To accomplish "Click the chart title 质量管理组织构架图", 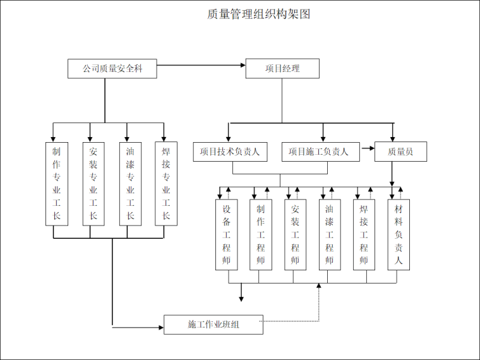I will pyautogui.click(x=258, y=14).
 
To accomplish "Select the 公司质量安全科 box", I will pyautogui.click(x=112, y=69).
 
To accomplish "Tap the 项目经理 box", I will pyautogui.click(x=282, y=69).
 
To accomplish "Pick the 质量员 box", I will pyautogui.click(x=401, y=152).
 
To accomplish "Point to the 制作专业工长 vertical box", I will pyautogui.click(x=57, y=183).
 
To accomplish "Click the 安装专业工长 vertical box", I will pyautogui.click(x=93, y=183).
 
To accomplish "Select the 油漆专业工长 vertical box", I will pyautogui.click(x=130, y=183).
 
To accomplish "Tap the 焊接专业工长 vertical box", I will pyautogui.click(x=166, y=183).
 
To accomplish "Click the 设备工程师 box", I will pyautogui.click(x=227, y=234).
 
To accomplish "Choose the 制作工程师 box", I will pyautogui.click(x=261, y=234).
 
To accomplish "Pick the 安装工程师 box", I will pyautogui.click(x=295, y=234).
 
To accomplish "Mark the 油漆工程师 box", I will pyautogui.click(x=329, y=234).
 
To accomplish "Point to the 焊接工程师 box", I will pyautogui.click(x=364, y=234).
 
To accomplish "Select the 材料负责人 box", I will pyautogui.click(x=399, y=234).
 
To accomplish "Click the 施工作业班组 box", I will pyautogui.click(x=212, y=325).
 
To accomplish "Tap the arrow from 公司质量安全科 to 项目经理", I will pyautogui.click(x=201, y=65).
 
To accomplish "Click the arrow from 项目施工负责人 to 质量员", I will pyautogui.click(x=367, y=152).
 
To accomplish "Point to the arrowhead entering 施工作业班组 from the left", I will pyautogui.click(x=160, y=327).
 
